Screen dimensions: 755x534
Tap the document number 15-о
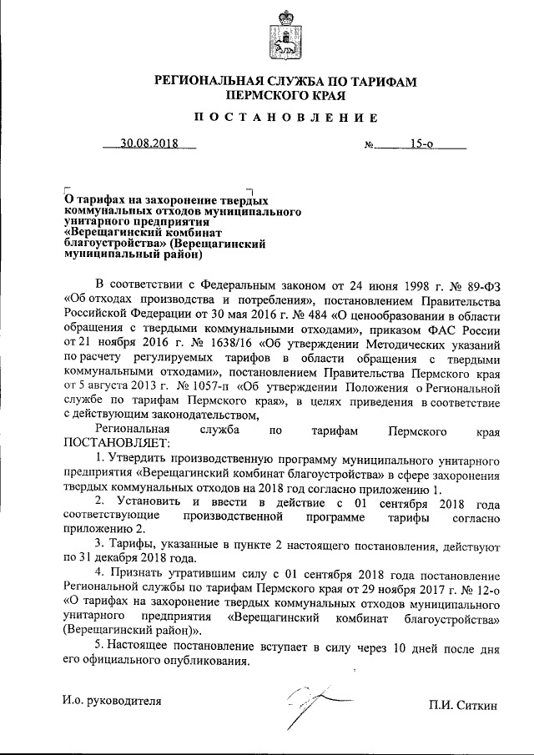[x=421, y=143]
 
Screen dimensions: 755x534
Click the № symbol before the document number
[x=370, y=144]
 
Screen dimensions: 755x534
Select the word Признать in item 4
[x=133, y=575]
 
